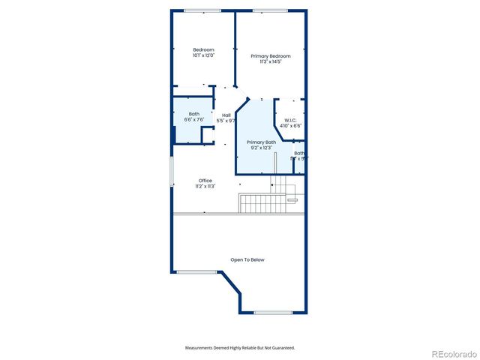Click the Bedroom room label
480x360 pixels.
203,49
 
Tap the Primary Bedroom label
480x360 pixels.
271,56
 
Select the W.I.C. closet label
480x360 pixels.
290,120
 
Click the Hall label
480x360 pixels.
226,115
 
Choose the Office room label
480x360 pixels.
205,180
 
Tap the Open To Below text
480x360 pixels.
247,259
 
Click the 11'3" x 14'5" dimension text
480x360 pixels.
271,61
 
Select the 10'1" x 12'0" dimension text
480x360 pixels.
203,55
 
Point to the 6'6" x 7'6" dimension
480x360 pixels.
194,119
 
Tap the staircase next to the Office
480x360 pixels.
254,202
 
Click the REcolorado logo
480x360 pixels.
447,353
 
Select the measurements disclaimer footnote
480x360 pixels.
240,348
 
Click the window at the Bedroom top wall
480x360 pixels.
202,10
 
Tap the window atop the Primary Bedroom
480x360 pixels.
267,10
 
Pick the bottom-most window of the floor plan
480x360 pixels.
273,312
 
